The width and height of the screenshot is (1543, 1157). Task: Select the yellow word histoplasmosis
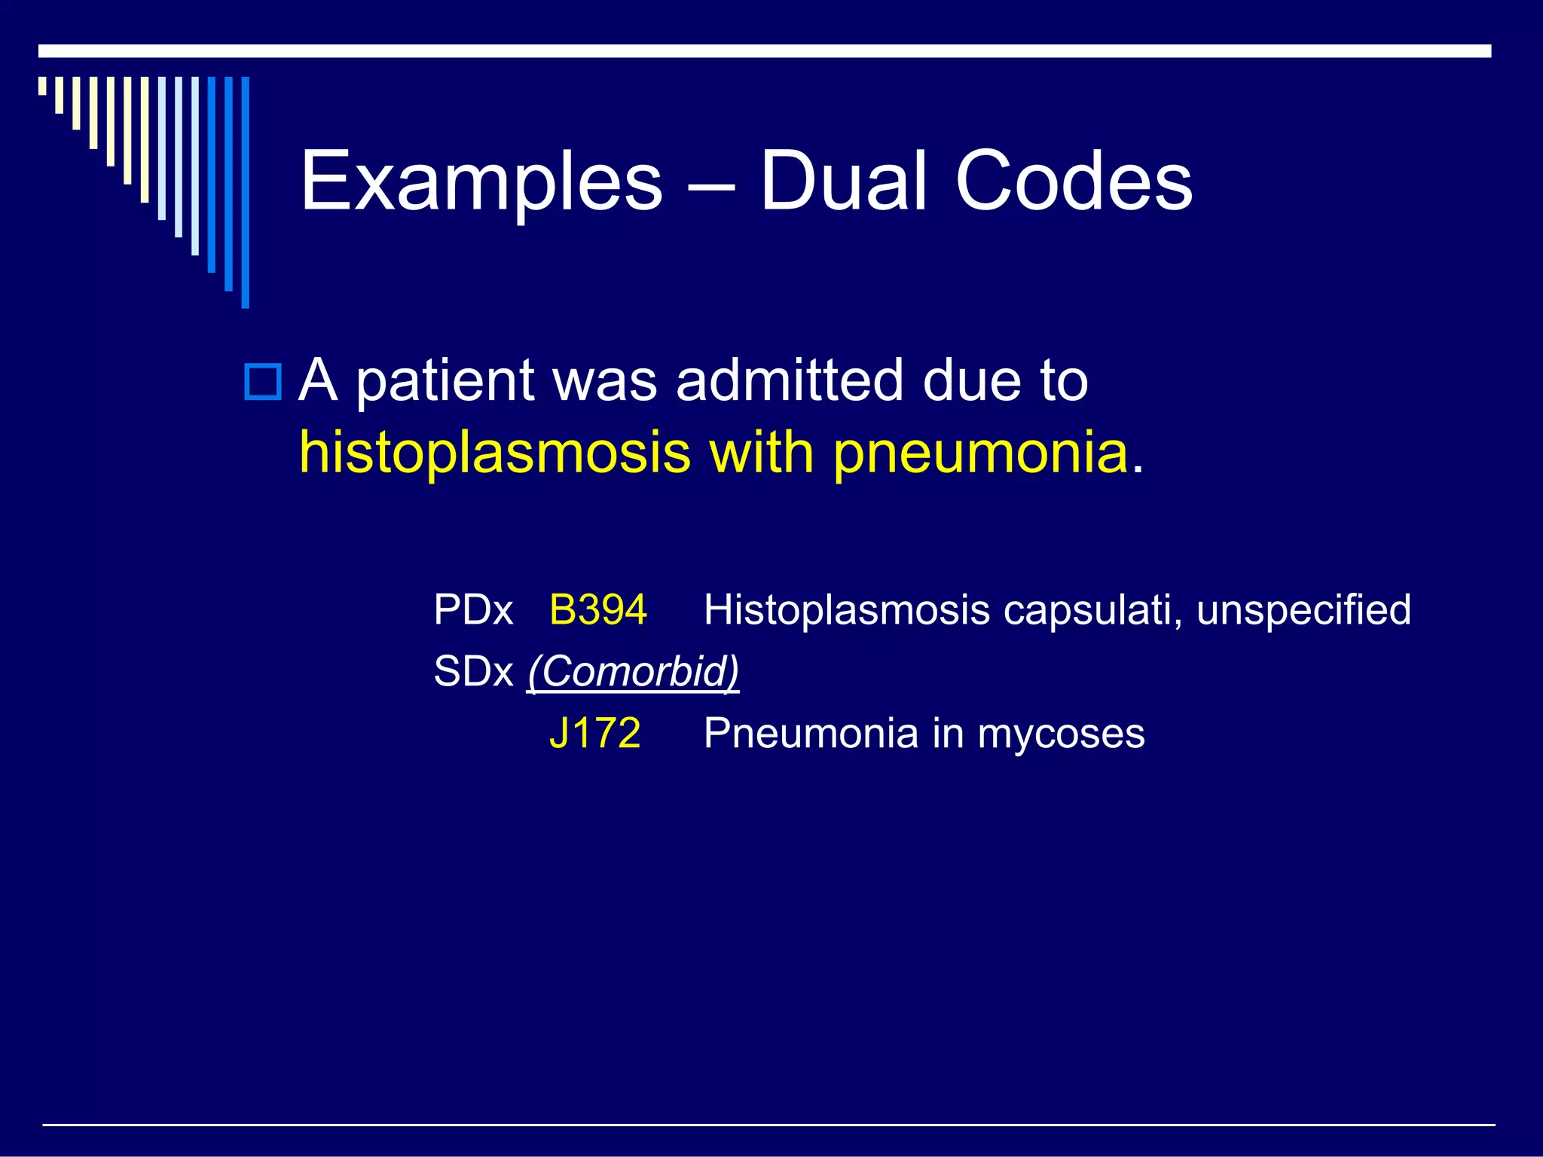[x=494, y=454]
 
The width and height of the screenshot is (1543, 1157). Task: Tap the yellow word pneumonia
[x=981, y=454]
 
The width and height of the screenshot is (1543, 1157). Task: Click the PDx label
[x=473, y=610]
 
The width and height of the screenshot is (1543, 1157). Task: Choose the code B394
[x=597, y=610]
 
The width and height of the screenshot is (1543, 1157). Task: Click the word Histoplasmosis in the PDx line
[x=846, y=610]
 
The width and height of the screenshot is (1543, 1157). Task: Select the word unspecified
[x=1303, y=610]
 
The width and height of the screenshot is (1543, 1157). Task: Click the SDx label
[x=473, y=672]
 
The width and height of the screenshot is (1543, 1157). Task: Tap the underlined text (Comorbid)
[x=633, y=672]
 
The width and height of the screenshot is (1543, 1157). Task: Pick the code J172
[x=594, y=734]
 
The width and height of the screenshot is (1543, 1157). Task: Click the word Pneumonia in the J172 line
[x=811, y=734]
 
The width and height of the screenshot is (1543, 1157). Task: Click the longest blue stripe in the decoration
[x=245, y=192]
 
